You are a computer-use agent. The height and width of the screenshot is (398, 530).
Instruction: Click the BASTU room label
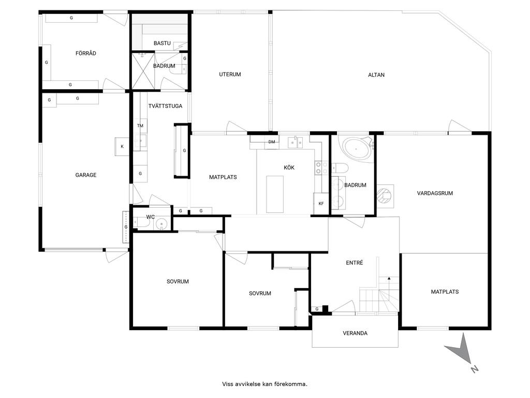162,44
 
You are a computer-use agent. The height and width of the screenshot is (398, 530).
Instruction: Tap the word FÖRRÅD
86,53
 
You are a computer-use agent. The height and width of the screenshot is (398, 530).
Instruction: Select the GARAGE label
86,175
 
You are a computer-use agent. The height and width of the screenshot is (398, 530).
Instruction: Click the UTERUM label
230,75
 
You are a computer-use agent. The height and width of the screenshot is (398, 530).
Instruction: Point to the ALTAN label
376,75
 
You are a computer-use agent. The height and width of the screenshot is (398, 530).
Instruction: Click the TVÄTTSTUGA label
165,106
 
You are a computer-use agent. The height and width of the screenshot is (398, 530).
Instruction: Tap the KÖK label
289,167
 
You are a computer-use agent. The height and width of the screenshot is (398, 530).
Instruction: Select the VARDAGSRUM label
435,193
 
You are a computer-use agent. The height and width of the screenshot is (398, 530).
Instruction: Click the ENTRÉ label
354,263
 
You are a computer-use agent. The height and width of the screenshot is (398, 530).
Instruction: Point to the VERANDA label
355,333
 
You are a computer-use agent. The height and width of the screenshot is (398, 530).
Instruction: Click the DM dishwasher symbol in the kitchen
272,142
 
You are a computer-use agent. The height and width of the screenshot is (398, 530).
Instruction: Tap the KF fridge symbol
321,203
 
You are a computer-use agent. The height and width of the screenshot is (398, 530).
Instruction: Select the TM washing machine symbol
140,125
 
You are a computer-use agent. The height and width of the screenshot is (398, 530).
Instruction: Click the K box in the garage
122,147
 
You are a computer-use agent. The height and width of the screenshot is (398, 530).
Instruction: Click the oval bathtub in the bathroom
356,149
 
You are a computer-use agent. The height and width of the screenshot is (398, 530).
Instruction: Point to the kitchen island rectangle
275,194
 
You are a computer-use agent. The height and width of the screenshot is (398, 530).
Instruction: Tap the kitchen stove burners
321,168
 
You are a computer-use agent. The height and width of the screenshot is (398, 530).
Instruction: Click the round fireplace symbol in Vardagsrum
385,195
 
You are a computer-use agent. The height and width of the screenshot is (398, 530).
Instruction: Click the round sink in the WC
163,224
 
